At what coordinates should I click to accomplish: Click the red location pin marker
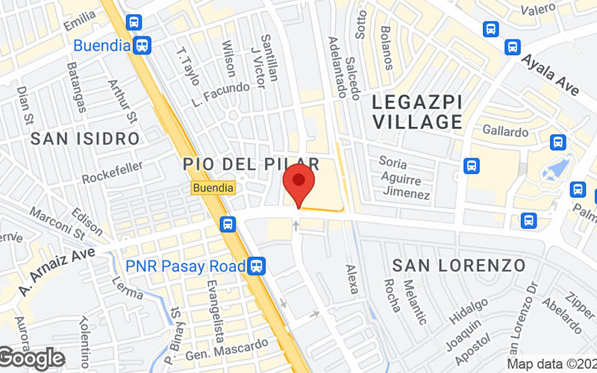pyautogui.click(x=299, y=183)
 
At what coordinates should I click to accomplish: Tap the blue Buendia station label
pyautogui.click(x=101, y=45)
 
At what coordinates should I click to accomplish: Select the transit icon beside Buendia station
pyautogui.click(x=143, y=45)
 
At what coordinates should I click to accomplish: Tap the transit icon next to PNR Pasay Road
pyautogui.click(x=257, y=265)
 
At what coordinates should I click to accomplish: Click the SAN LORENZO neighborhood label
pyautogui.click(x=459, y=265)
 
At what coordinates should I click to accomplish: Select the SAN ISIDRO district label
pyautogui.click(x=85, y=138)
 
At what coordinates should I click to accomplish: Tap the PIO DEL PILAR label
pyautogui.click(x=251, y=163)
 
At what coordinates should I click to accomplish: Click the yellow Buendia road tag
pyautogui.click(x=213, y=187)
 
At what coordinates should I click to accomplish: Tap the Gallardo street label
pyautogui.click(x=504, y=131)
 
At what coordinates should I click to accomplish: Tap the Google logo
pyautogui.click(x=31, y=358)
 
